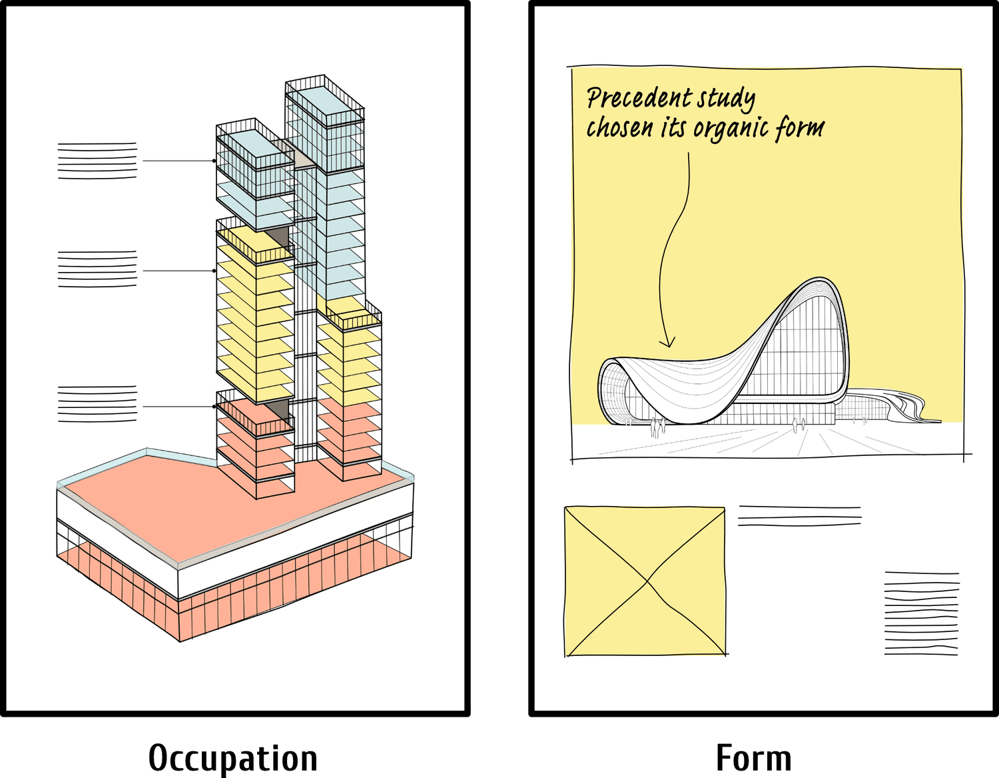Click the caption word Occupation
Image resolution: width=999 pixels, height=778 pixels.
tap(232, 758)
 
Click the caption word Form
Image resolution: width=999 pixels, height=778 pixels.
tap(753, 758)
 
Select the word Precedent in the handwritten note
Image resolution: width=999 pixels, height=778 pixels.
tap(629, 99)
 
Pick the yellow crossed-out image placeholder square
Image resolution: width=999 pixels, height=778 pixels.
tap(645, 581)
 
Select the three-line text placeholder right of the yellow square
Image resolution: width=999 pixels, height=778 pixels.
tap(799, 516)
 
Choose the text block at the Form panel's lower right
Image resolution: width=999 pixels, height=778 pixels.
tap(922, 612)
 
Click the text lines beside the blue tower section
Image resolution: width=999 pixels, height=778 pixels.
tap(97, 160)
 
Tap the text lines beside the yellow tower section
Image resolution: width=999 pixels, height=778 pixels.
tap(97, 269)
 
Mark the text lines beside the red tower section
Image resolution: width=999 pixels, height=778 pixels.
tap(97, 404)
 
